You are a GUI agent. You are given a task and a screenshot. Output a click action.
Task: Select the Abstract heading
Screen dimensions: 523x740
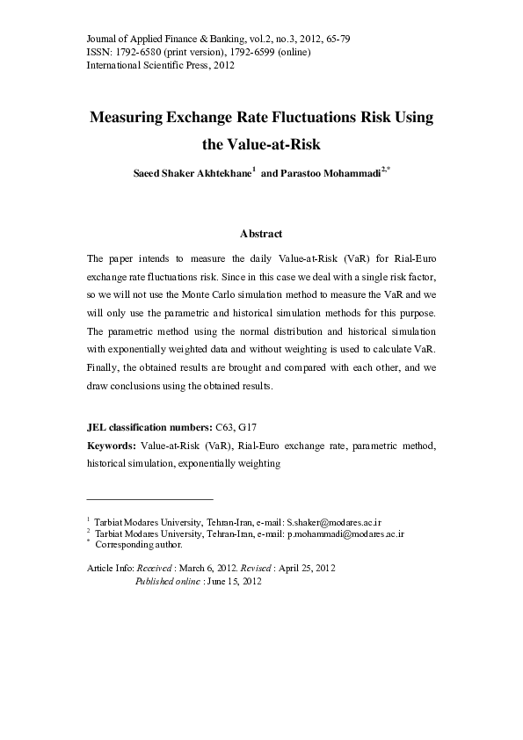point(261,234)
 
